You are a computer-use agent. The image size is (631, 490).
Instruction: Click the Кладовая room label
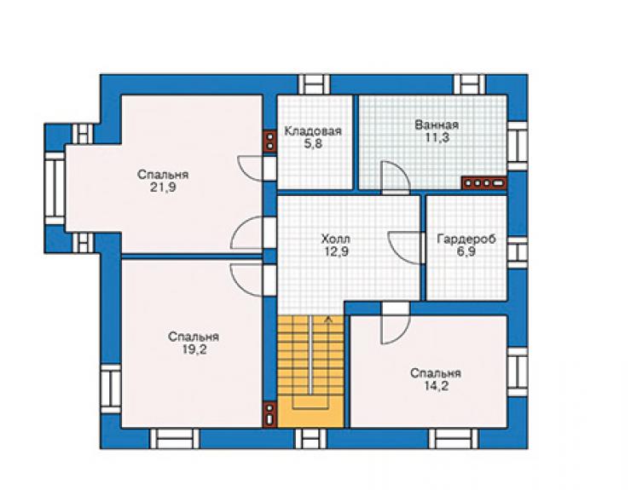pos(313,131)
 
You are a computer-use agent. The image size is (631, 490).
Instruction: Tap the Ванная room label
pos(437,124)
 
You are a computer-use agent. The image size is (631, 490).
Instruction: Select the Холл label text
pos(335,239)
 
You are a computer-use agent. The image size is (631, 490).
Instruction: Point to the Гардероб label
pos(466,239)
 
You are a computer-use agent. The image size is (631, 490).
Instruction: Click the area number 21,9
pos(163,187)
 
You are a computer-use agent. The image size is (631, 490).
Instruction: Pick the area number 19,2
pos(194,349)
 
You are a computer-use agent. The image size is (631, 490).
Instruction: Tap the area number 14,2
pos(436,386)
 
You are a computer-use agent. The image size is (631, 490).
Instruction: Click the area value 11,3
pos(437,137)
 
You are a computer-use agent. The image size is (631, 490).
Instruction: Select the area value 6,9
pos(466,252)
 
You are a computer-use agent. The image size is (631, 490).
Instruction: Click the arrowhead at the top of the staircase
pos(329,318)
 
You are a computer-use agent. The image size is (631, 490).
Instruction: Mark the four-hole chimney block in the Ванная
pos(483,183)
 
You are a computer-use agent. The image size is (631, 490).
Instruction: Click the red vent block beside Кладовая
pos(269,141)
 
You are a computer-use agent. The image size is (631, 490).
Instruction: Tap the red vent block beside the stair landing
pos(269,415)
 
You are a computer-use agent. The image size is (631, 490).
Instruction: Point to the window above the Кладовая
pos(314,84)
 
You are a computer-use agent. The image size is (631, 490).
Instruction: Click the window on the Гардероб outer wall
pos(517,252)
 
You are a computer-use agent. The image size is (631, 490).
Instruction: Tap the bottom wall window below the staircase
pos(311,438)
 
